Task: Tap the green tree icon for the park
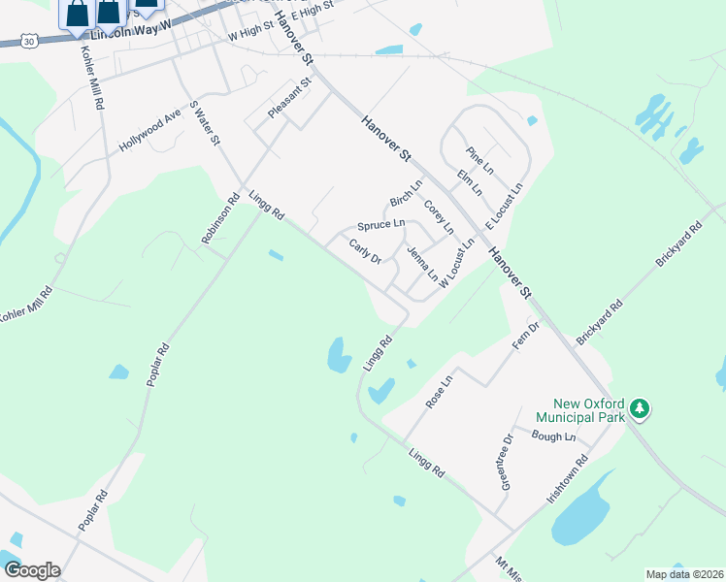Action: [639, 408]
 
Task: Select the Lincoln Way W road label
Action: [130, 33]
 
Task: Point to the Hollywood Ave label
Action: [150, 130]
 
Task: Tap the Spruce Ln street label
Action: [380, 225]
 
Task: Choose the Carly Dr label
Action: [366, 251]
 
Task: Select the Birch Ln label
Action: [406, 192]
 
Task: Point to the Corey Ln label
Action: [439, 216]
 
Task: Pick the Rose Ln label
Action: [440, 392]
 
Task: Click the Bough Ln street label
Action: [554, 436]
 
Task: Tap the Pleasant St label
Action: [288, 99]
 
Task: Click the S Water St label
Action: [206, 123]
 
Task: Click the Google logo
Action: [31, 570]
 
